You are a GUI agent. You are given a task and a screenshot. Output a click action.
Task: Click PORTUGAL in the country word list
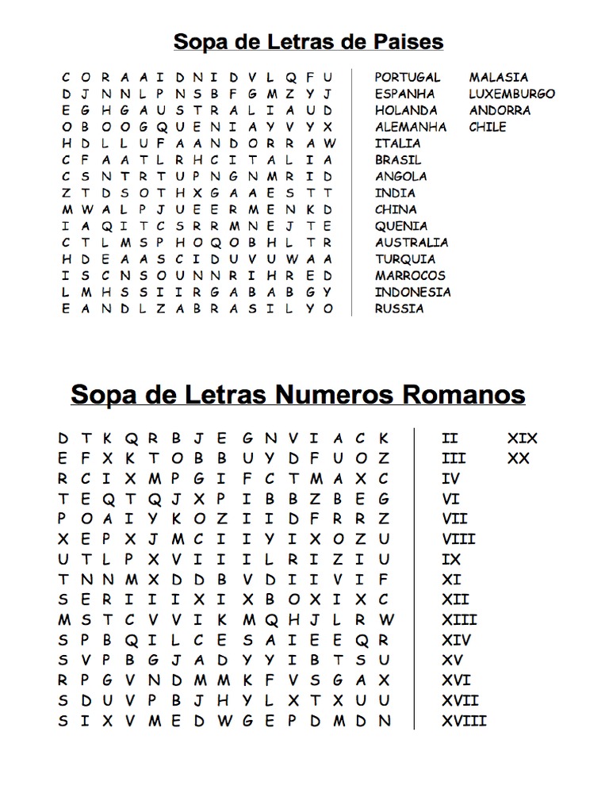coord(407,77)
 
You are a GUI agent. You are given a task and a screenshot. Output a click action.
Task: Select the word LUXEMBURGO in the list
coord(511,94)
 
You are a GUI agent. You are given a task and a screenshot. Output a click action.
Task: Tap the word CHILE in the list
coord(487,127)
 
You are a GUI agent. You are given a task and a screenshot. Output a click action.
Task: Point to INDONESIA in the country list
coord(412,292)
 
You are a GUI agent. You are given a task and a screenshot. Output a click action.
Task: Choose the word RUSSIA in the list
coord(399,308)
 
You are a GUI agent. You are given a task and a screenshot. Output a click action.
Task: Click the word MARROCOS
coord(410,275)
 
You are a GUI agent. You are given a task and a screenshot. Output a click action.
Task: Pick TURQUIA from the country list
coord(404,259)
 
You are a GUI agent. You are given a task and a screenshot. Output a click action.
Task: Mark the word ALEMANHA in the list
coord(410,127)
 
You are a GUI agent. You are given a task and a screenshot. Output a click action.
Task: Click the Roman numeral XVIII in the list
coord(464,721)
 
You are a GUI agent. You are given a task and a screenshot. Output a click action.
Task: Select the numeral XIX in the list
coord(522,438)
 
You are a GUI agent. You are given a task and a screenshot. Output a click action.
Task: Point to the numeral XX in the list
coord(518,458)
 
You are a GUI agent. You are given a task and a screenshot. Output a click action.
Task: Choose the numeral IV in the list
coord(450,478)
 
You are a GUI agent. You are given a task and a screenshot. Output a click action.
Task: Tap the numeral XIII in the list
coord(459,619)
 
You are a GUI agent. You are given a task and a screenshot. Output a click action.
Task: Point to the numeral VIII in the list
coord(458,539)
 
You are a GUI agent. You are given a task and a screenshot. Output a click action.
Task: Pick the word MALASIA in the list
coord(498,77)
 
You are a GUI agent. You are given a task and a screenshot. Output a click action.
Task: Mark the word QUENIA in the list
coord(400,226)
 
